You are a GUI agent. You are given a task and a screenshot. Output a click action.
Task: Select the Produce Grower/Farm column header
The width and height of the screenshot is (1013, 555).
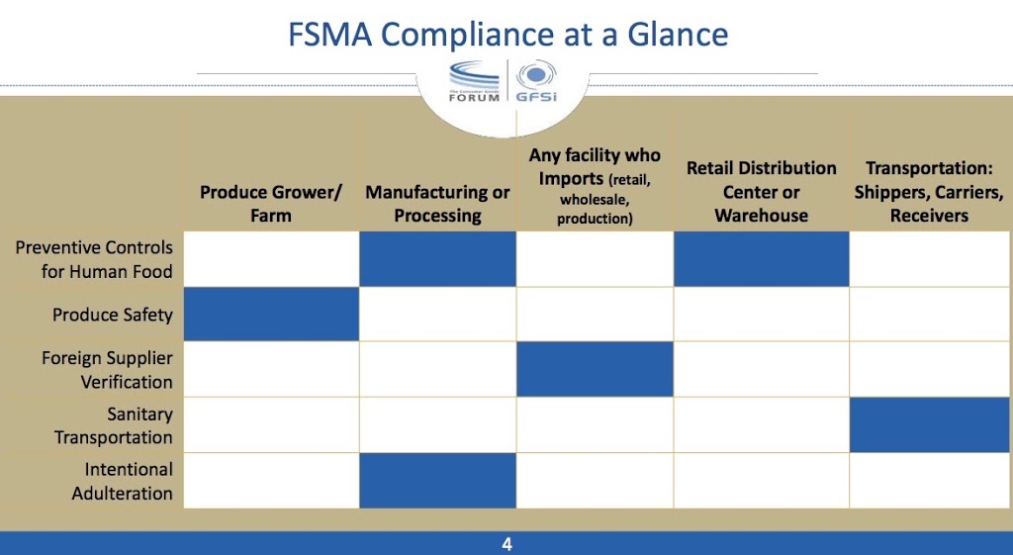[x=271, y=203]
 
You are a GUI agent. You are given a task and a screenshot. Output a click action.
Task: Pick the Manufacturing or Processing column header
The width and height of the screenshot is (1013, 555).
[x=437, y=203]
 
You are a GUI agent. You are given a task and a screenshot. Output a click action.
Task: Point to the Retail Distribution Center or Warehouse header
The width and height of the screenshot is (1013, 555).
[x=761, y=191]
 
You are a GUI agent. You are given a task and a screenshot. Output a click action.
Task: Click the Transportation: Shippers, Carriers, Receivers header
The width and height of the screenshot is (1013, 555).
[x=929, y=191]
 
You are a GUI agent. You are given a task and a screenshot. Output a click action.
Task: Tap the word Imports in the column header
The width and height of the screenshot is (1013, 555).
[x=571, y=179]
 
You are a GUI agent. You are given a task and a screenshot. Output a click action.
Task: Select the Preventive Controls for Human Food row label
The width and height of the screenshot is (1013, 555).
[x=94, y=259]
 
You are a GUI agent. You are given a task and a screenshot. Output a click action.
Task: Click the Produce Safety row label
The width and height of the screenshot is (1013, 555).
[x=113, y=315]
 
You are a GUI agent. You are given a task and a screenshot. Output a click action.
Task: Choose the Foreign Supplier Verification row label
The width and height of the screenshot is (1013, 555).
[x=107, y=370]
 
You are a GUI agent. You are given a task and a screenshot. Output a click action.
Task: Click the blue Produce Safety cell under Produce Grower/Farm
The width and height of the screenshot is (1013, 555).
[x=271, y=315]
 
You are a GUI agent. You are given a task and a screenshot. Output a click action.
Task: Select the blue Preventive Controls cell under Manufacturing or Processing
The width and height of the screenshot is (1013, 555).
[x=437, y=259]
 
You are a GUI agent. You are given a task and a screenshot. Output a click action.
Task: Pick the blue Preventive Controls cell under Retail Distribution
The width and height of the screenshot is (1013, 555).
[x=761, y=259]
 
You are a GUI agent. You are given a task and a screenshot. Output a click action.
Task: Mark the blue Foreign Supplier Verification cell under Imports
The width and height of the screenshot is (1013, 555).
[x=595, y=370]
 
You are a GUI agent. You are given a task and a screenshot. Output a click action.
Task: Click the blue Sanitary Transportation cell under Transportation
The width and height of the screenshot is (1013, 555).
[x=929, y=425]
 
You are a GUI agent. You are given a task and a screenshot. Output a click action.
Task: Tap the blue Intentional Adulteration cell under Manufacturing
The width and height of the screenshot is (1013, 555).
[x=437, y=481]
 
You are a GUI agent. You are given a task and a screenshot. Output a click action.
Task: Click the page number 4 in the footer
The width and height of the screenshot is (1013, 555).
[x=506, y=544]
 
